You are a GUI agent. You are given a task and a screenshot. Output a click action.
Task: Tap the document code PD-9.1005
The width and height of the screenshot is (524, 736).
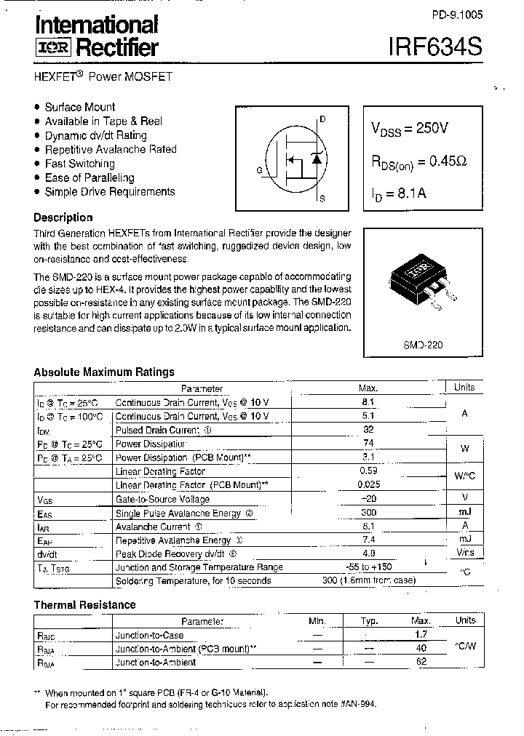tap(456, 15)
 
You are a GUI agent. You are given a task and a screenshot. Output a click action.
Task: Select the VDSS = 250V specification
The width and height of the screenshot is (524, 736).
tap(409, 129)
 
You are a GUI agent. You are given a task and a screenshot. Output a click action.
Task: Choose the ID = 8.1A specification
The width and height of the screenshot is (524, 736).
tap(398, 194)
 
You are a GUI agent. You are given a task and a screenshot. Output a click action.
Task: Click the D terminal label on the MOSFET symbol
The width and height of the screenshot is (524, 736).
tap(322, 119)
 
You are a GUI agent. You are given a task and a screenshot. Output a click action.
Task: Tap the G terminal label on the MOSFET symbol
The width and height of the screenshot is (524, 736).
tap(259, 170)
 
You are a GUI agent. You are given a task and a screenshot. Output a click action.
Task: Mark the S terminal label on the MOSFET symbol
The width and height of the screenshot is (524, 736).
tap(322, 199)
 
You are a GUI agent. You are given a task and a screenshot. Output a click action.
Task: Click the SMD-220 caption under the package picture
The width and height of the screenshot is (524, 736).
tap(423, 345)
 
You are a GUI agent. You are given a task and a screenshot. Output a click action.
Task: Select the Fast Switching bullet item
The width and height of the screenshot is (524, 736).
tap(79, 164)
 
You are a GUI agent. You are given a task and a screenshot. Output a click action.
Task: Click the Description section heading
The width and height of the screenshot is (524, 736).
tap(63, 217)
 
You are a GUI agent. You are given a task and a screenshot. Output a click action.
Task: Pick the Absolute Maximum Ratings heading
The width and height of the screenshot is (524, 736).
tap(104, 372)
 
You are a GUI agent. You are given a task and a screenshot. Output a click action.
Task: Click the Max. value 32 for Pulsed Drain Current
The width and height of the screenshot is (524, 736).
tap(368, 430)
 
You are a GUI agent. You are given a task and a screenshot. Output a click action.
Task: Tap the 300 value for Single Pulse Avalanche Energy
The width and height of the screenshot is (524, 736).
tap(368, 513)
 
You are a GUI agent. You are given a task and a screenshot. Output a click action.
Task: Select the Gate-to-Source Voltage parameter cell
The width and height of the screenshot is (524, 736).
tap(162, 499)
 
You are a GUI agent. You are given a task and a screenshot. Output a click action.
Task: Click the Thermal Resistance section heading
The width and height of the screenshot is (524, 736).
tap(84, 604)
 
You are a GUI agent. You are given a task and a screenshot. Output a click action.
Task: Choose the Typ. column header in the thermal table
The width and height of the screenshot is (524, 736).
tap(370, 621)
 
